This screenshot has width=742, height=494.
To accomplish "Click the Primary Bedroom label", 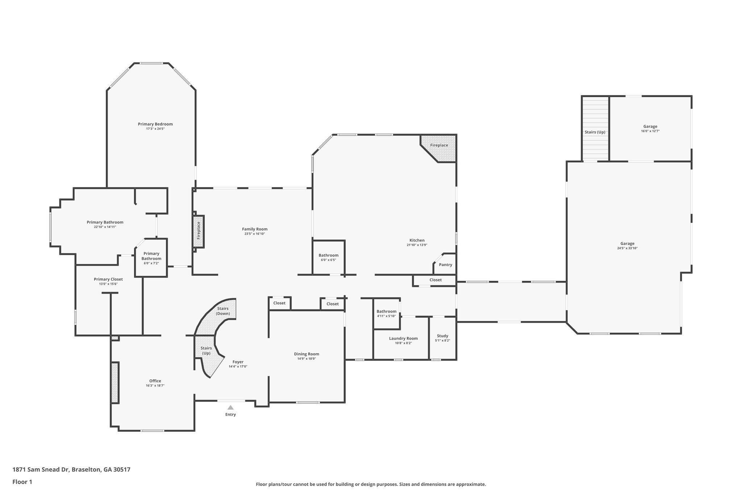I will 155,124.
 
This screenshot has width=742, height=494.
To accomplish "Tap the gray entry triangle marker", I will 230,408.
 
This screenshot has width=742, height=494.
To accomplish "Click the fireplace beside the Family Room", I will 198,231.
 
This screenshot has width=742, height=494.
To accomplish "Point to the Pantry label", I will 445,265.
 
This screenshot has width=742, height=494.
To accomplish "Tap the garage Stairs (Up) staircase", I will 595,128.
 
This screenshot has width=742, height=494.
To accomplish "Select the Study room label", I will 442,336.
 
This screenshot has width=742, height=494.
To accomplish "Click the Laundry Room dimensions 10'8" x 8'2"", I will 403,343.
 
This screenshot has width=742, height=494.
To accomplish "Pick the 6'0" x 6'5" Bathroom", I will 328,257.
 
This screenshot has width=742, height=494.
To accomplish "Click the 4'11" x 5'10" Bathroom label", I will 386,311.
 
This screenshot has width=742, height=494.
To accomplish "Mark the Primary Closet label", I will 108,279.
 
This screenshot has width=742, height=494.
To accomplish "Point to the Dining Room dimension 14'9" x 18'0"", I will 307,359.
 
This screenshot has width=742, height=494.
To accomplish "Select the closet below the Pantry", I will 435,280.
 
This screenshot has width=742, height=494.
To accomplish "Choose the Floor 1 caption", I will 22,482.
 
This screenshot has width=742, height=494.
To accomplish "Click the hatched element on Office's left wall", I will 115,383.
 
